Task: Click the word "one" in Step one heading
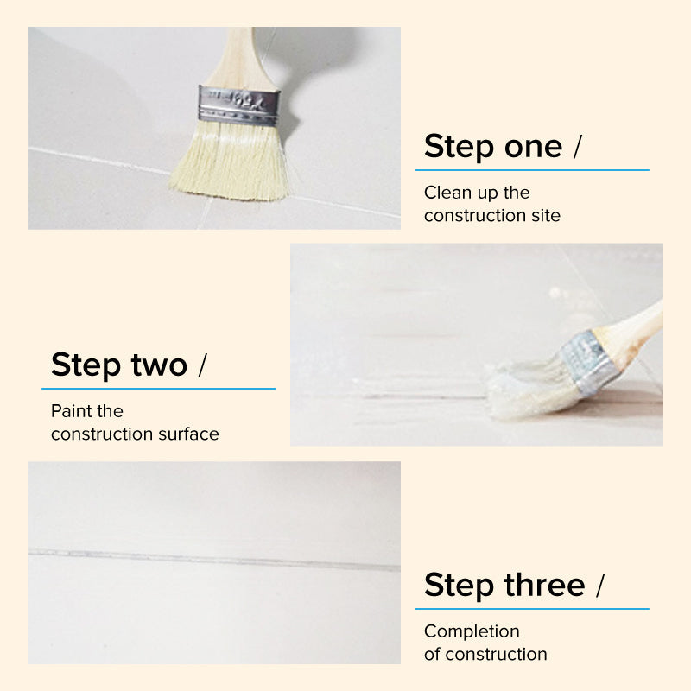(533, 147)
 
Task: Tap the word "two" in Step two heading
(159, 365)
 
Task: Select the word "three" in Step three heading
(545, 585)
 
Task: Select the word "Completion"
(472, 632)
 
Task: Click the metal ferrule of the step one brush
(238, 105)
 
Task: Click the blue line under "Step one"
(532, 169)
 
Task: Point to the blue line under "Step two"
(159, 388)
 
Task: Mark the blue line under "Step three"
(532, 609)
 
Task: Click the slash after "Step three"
(600, 586)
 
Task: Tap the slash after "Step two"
(202, 365)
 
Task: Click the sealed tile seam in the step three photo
(214, 559)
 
